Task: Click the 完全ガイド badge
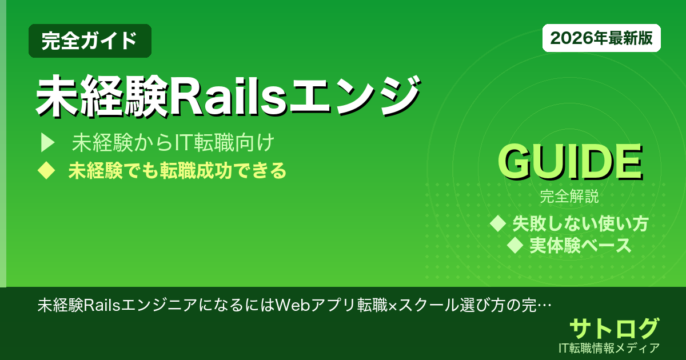pyautogui.click(x=90, y=41)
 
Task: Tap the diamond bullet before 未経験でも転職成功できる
pyautogui.click(x=45, y=171)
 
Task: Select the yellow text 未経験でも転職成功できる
pyautogui.click(x=177, y=171)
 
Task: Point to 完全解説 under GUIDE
pyautogui.click(x=569, y=198)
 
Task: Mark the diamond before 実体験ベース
pyautogui.click(x=516, y=245)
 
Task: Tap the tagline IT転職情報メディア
pyautogui.click(x=610, y=347)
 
